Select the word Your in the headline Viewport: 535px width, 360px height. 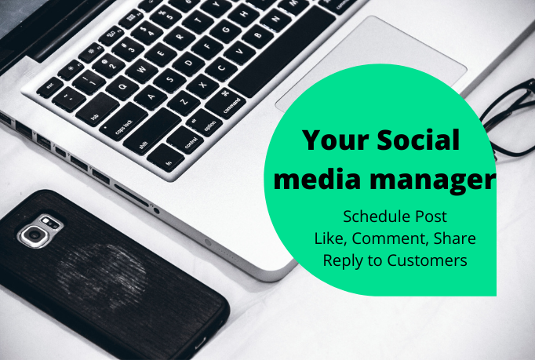329,142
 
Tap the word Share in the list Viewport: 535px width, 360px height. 454,238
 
